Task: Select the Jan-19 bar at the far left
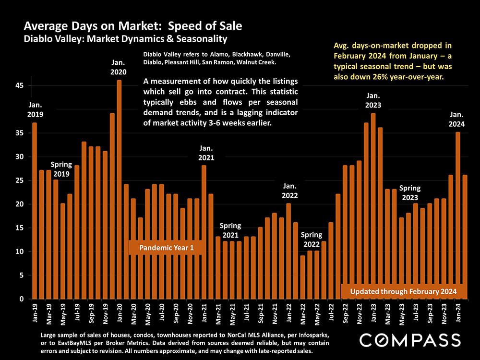[x=35, y=211]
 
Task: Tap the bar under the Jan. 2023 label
[x=373, y=206]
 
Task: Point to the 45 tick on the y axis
[x=21, y=85]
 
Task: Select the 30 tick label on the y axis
[x=21, y=156]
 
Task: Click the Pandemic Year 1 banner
[x=166, y=248]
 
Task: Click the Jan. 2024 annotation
[x=457, y=119]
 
